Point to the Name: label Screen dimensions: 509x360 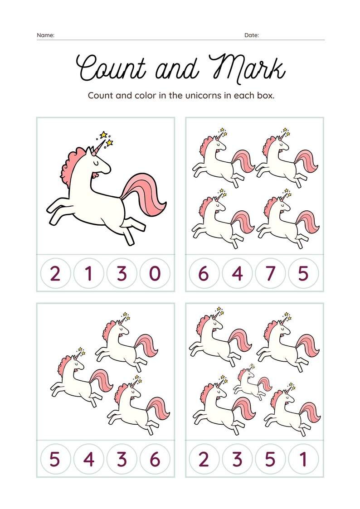pyautogui.click(x=45, y=35)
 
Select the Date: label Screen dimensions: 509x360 pyautogui.click(x=252, y=35)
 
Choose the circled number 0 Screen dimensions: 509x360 pyautogui.click(x=155, y=274)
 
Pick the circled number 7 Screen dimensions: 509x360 pyautogui.click(x=270, y=274)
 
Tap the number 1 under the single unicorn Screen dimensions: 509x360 pyautogui.click(x=88, y=274)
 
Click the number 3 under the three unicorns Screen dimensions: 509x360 pyautogui.click(x=122, y=460)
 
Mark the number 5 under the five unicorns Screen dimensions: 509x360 pyautogui.click(x=270, y=460)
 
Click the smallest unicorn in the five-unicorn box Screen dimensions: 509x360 pyautogui.click(x=252, y=383)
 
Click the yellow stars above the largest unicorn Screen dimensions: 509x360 pyautogui.click(x=106, y=138)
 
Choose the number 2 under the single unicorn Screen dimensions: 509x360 pyautogui.click(x=55, y=274)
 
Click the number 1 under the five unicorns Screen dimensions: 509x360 pyautogui.click(x=303, y=460)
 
